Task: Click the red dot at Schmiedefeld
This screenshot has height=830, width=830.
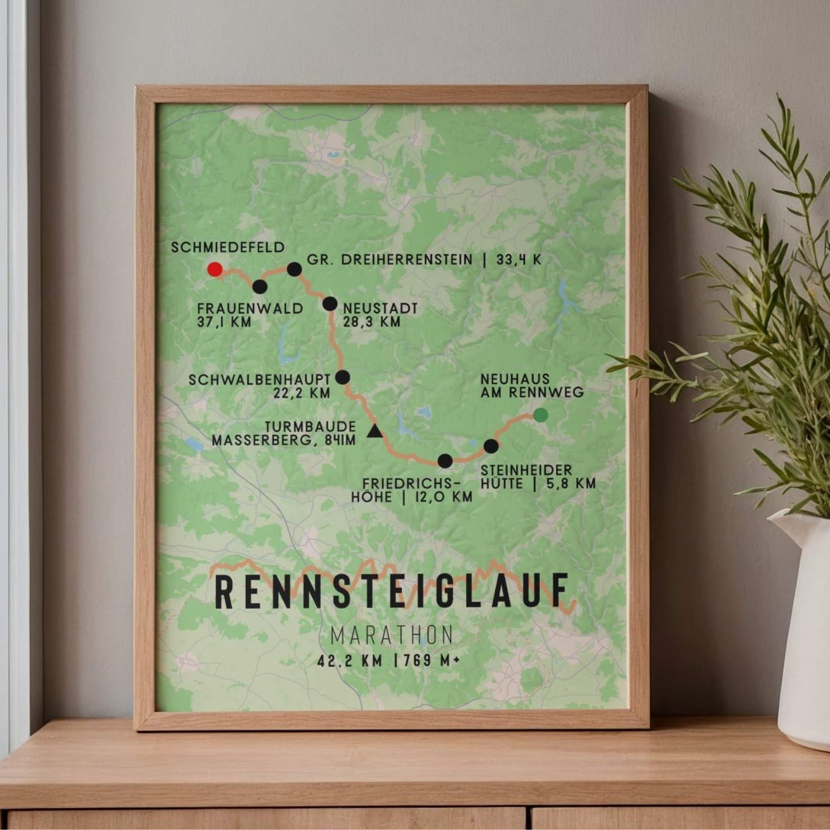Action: coord(215,269)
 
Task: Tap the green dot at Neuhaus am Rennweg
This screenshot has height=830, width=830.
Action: coord(540,414)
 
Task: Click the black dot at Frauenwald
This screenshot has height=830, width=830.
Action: coord(260,286)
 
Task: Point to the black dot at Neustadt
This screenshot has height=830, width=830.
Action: coord(330,303)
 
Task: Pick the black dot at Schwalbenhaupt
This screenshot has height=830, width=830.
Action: coord(342,377)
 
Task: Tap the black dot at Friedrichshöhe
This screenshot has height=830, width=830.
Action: coord(445,460)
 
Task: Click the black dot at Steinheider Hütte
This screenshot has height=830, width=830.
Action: coord(491,446)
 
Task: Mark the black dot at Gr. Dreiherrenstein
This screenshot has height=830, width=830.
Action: coord(294,269)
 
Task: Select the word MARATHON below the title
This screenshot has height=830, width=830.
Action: coord(392,635)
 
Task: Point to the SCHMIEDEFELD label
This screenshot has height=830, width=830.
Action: coord(228,247)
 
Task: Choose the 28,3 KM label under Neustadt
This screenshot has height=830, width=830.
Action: coord(372,322)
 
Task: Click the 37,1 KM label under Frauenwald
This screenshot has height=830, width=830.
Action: coord(225,322)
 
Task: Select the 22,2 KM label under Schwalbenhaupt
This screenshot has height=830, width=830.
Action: coord(303,393)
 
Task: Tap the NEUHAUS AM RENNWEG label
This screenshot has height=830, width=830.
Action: coord(532,385)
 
